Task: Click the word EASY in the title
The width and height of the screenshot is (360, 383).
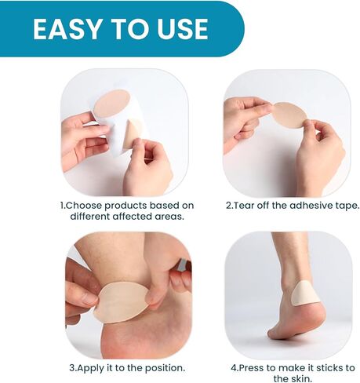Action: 67,29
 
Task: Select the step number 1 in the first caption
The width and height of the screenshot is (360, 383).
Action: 64,206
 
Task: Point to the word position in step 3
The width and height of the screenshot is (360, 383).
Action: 162,367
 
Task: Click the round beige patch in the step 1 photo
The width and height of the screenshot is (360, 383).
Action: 113,103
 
